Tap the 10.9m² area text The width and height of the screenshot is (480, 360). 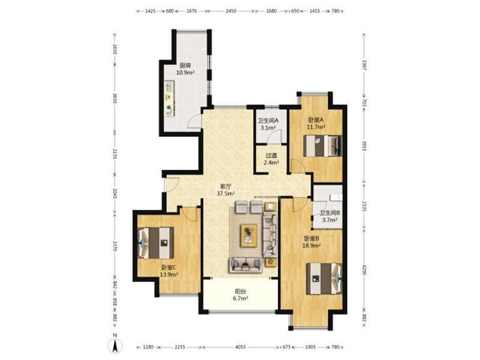tap(185, 73)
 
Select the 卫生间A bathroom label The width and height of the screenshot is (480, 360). tap(268, 121)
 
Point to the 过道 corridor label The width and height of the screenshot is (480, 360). tap(271, 155)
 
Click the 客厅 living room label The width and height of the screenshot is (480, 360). tap(226, 186)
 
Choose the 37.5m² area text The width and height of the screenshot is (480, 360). tap(226, 193)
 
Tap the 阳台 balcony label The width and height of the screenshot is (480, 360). tap(241, 291)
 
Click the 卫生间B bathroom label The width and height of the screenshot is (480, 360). tap(330, 213)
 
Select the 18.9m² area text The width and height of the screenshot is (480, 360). tap(311, 245)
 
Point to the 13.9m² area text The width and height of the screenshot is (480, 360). tap(169, 275)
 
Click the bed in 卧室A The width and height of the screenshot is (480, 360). tap(322, 146)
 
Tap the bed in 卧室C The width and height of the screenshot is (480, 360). tap(156, 243)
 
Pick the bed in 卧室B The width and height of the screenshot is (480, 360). tap(324, 279)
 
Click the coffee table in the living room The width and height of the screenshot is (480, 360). tap(249, 235)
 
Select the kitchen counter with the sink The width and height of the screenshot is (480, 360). tap(169, 98)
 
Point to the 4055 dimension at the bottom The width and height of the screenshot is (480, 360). tap(241, 347)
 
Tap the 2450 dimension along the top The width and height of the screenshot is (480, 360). tap(231, 11)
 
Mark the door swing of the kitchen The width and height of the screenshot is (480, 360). tap(193, 121)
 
